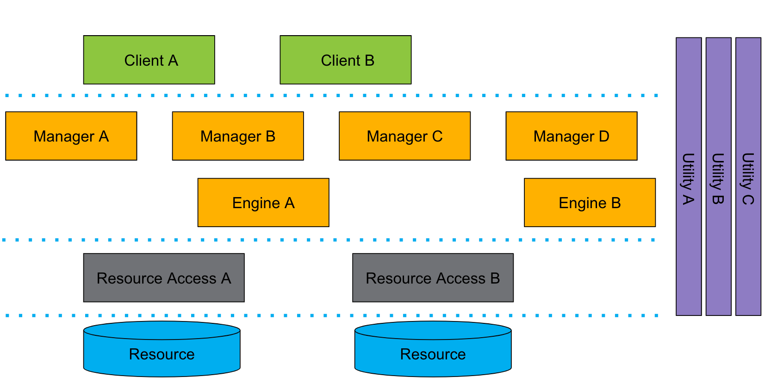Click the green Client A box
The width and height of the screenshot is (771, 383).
pos(149,60)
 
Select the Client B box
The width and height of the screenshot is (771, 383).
pos(345,60)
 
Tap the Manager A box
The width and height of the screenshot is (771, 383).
pos(71,136)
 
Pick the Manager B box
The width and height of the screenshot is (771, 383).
pos(238,136)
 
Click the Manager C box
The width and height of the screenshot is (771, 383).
pos(404,136)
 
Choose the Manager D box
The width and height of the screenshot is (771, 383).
pos(571,136)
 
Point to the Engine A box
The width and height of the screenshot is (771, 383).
pos(263,203)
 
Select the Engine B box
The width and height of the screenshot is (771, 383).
pos(590,203)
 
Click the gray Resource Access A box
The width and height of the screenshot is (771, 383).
pos(164,278)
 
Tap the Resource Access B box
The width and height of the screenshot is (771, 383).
pos(433,278)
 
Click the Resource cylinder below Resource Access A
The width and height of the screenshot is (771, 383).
pos(162,354)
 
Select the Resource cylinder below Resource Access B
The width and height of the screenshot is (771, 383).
pos(433,354)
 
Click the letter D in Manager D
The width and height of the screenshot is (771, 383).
pos(604,136)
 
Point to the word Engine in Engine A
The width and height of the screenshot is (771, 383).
pos(256,204)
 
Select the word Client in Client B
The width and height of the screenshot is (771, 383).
pos(340,61)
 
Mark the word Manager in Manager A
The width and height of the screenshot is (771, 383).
pos(64,137)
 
